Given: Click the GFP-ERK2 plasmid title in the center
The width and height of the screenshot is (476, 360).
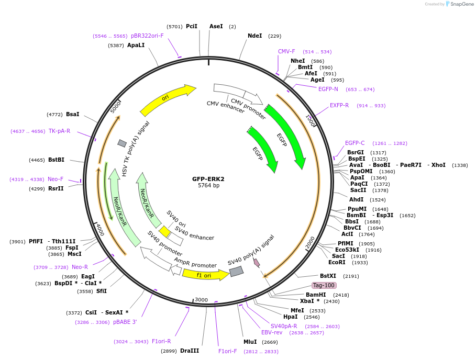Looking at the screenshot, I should pos(208,178).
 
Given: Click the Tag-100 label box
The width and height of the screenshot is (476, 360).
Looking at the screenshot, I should pos(324,285).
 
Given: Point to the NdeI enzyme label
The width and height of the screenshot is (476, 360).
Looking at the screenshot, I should pos(254,36).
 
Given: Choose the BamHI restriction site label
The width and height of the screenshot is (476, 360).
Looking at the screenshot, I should pos(316,295).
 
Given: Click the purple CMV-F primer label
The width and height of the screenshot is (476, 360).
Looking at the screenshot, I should pos(286,51).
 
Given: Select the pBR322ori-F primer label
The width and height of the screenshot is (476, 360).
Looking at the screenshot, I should pos(147,36).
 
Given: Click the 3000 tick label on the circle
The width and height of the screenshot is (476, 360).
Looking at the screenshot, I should pos(202,300).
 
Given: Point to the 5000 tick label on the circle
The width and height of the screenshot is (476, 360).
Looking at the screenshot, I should pos(116,107).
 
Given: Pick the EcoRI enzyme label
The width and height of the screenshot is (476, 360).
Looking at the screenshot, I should pos(337,262).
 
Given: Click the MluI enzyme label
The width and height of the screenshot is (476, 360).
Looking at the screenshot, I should pos(250,342).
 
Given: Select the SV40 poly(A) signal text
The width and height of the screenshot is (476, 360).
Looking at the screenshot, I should pos(251,250).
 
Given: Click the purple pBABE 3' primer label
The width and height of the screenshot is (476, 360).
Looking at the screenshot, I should pos(125,322).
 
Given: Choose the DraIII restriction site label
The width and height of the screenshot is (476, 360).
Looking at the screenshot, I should pos(189,351).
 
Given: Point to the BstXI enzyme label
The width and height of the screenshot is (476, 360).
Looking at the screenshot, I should pos(328,276).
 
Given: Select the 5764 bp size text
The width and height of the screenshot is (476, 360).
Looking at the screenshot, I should pos(208,186).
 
